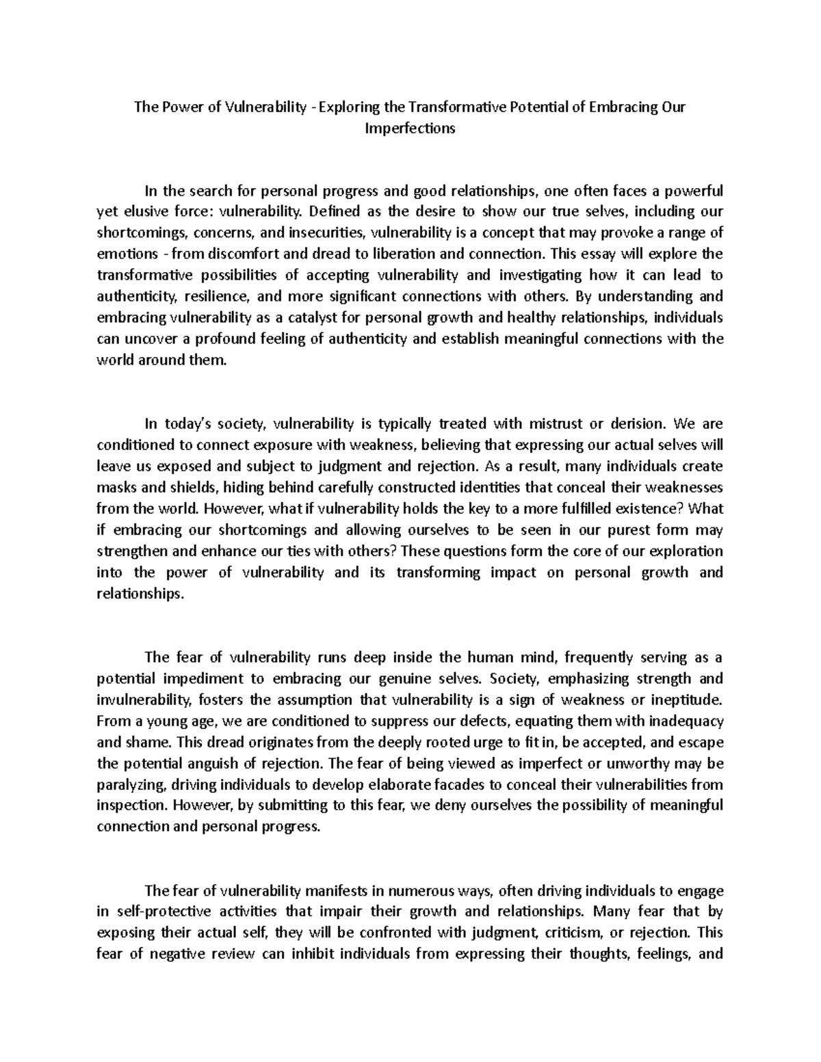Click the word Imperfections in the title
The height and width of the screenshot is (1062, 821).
(410, 128)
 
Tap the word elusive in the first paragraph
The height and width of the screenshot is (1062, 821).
(147, 211)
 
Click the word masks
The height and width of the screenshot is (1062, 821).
(114, 488)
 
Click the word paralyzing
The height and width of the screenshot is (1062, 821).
(129, 784)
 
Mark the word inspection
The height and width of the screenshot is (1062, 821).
(128, 806)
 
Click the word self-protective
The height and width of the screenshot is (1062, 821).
(163, 912)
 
